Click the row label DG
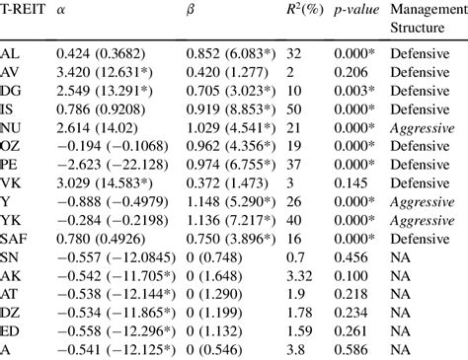(x=12, y=91)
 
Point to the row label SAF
(x=15, y=239)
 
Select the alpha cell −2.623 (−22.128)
(x=94, y=165)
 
